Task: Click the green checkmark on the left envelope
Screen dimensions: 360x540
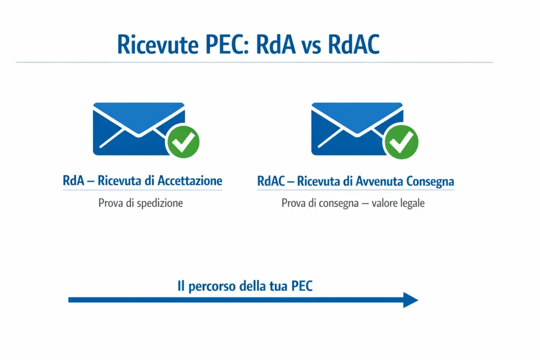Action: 182,141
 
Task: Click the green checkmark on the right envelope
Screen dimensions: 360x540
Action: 401,141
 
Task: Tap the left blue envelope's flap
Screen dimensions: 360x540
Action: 139,119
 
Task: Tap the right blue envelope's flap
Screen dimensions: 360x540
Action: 357,119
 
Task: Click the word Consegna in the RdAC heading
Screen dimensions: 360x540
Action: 430,181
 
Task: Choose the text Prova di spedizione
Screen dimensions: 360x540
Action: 140,203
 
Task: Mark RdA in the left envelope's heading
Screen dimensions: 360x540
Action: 73,181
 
